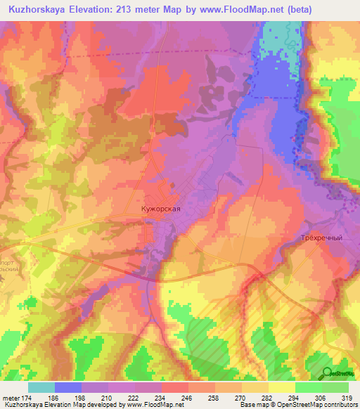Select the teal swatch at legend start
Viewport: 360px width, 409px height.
pos(41,387)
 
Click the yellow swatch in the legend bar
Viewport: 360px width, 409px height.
pos(281,387)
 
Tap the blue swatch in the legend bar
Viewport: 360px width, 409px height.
pos(68,387)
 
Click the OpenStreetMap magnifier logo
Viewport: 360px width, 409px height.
pos(328,372)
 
